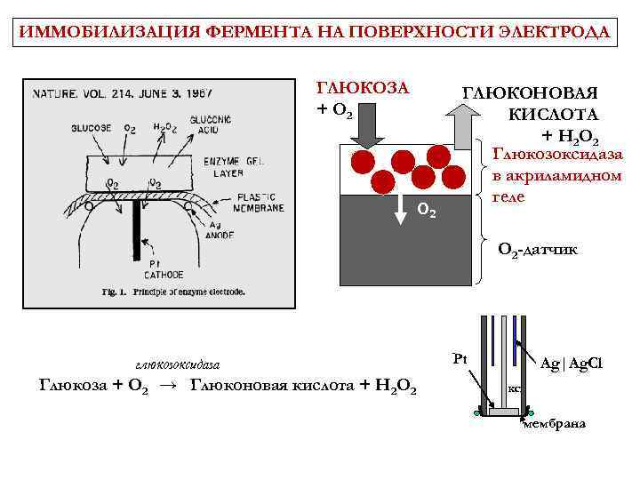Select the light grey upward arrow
pyautogui.click(x=464, y=124)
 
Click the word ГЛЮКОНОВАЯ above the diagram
pyautogui.click(x=530, y=92)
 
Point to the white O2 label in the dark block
pyautogui.click(x=427, y=212)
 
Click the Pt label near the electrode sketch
pyautogui.click(x=460, y=360)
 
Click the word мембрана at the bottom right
pyautogui.click(x=554, y=423)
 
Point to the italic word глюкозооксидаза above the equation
pyautogui.click(x=177, y=364)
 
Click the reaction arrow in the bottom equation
pyautogui.click(x=166, y=385)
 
